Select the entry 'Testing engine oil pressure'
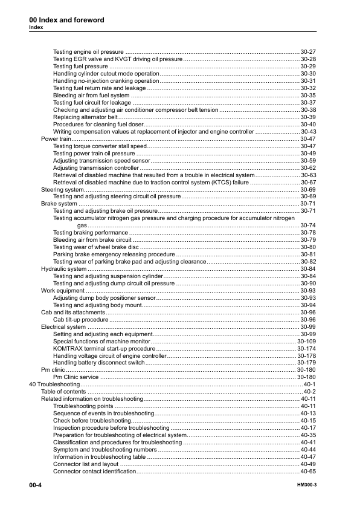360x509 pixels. tap(88, 52)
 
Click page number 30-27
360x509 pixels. tap(308, 52)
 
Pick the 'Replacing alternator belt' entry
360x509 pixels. tap(81, 117)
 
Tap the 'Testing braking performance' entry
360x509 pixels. tap(91, 233)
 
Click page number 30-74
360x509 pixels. tap(308, 225)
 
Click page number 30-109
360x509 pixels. tap(306, 341)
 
